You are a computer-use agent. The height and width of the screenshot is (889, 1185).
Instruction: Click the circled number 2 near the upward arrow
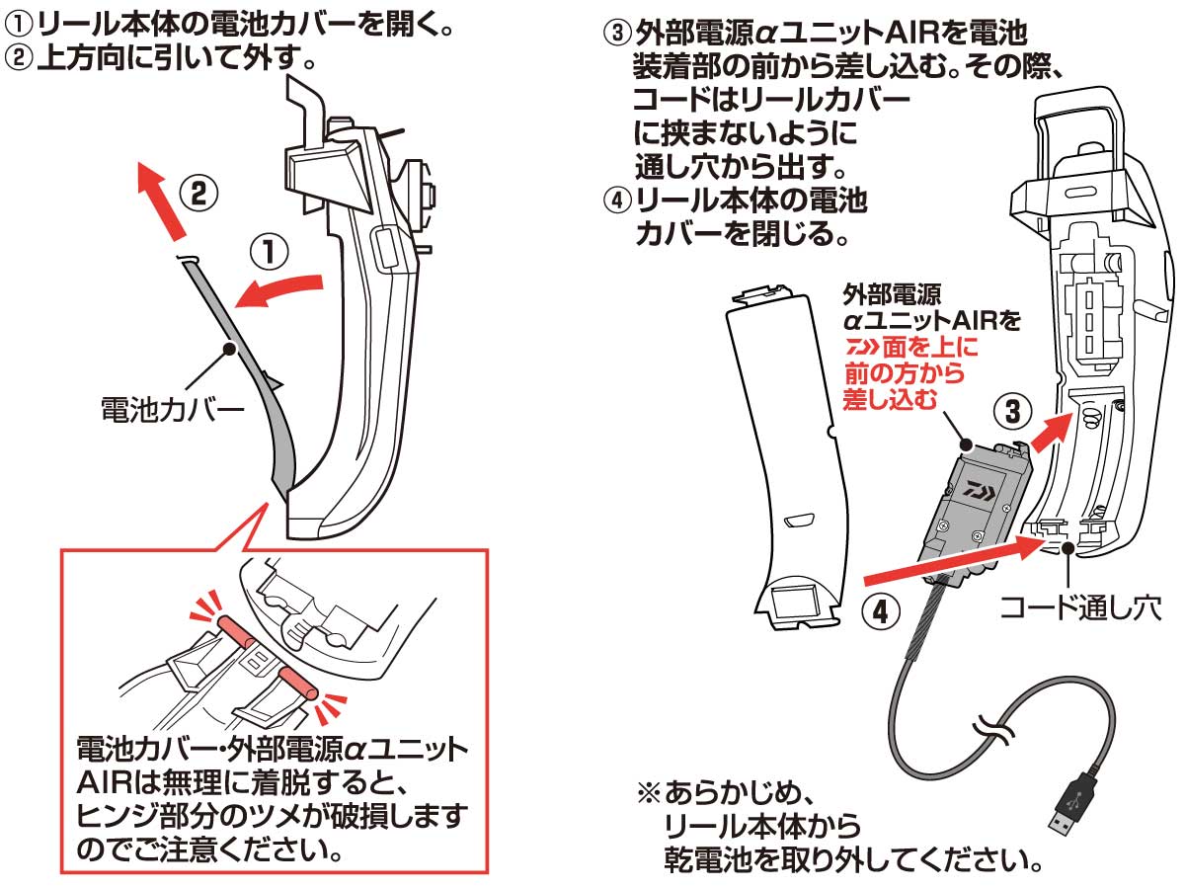(197, 191)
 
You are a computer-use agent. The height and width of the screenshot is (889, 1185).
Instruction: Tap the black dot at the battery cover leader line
(229, 349)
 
